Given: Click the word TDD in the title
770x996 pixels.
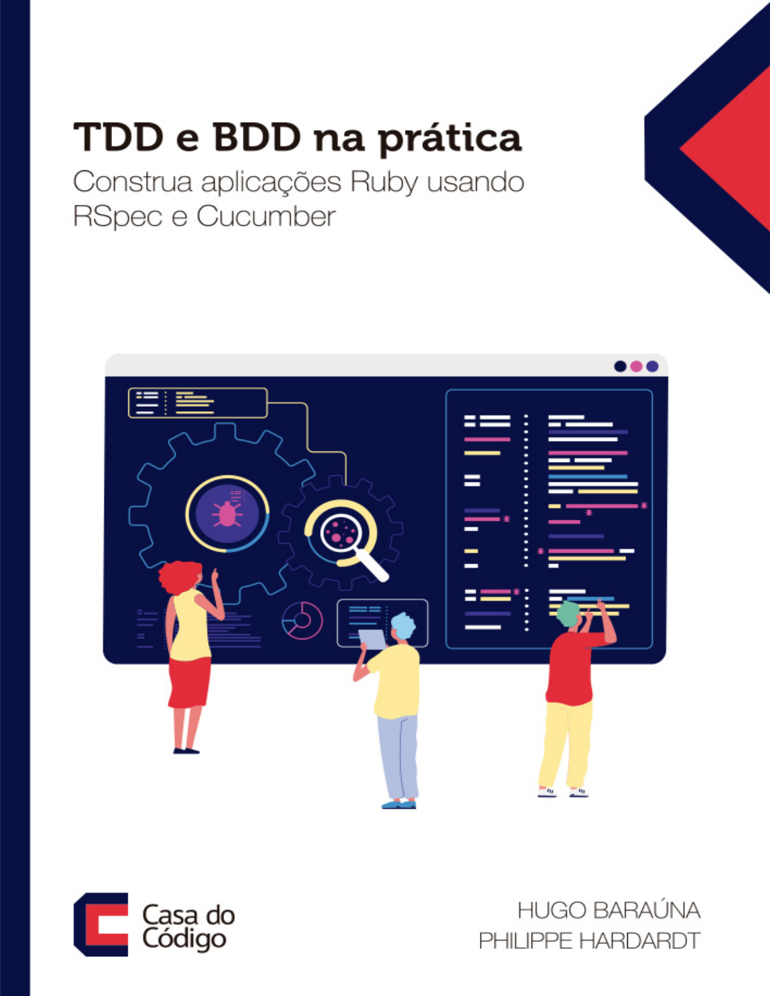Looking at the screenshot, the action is point(119,136).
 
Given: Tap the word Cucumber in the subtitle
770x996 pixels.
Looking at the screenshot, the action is point(266,216).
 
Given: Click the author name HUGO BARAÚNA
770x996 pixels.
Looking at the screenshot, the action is point(609,910).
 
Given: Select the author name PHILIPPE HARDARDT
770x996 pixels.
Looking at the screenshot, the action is point(589,941).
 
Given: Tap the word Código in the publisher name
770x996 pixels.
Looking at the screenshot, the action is point(184,939).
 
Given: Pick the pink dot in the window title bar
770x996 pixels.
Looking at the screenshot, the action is point(636,366).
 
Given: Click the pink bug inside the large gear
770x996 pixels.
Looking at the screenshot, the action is point(227,514).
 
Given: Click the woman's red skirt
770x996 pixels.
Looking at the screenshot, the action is point(189,682).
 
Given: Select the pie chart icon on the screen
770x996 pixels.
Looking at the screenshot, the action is point(302,620).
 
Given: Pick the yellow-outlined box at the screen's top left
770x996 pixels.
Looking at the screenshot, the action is point(198,403).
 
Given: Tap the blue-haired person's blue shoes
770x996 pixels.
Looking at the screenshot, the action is point(399,804).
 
